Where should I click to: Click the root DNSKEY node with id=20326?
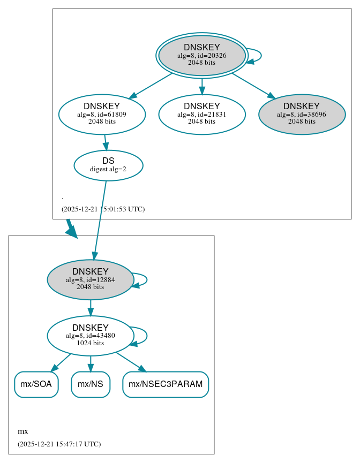pos(201,55)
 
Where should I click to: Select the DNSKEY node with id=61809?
pos(102,114)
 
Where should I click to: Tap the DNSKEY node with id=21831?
pos(201,114)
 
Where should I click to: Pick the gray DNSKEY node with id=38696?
pos(302,114)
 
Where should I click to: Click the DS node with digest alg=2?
pos(108,165)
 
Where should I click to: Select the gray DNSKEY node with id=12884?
pos(90,279)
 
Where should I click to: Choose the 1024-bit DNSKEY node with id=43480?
pos(90,336)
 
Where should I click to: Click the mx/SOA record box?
pos(36,384)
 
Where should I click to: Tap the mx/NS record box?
pos(91,384)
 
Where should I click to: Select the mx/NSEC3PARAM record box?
pos(166,384)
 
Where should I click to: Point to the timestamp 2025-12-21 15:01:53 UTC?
pos(103,209)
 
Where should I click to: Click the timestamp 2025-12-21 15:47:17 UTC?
pos(59,444)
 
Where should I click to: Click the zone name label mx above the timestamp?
pos(23,431)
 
